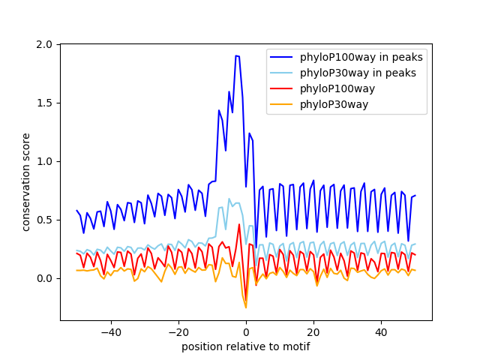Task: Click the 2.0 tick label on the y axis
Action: point(44,45)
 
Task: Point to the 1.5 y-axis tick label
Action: point(44,103)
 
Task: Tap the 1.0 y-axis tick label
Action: point(44,162)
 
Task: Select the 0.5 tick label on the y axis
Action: point(44,220)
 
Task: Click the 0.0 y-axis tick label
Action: point(44,278)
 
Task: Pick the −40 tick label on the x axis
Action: point(111,332)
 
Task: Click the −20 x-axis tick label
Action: point(178,332)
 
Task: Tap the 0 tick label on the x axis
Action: point(246,332)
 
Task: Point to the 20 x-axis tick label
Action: point(313,332)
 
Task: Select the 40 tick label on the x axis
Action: point(381,332)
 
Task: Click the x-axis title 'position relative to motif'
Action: point(246,346)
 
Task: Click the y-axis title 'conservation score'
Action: point(25,182)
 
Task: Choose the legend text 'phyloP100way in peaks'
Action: point(361,57)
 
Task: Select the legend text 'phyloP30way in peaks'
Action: point(358,73)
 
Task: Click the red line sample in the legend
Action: point(281,88)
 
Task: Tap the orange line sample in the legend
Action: point(281,105)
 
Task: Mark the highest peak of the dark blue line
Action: point(236,55)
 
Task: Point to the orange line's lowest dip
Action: point(246,307)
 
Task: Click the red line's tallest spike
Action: point(239,224)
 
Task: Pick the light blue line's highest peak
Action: point(229,199)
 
